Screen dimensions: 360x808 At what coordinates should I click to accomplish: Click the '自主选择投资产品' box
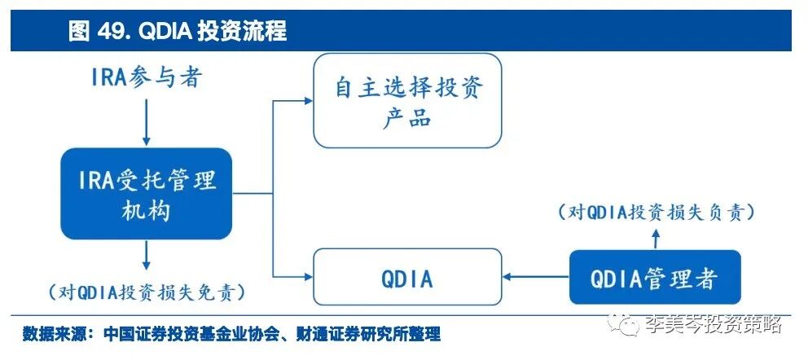click(407, 101)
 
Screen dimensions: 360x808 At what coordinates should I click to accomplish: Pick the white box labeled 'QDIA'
click(407, 279)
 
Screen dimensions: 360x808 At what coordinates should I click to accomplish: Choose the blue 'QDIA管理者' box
click(655, 279)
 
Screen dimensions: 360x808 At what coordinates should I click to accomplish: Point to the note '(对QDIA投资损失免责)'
click(147, 291)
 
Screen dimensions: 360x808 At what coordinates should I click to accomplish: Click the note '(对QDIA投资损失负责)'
click(654, 212)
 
